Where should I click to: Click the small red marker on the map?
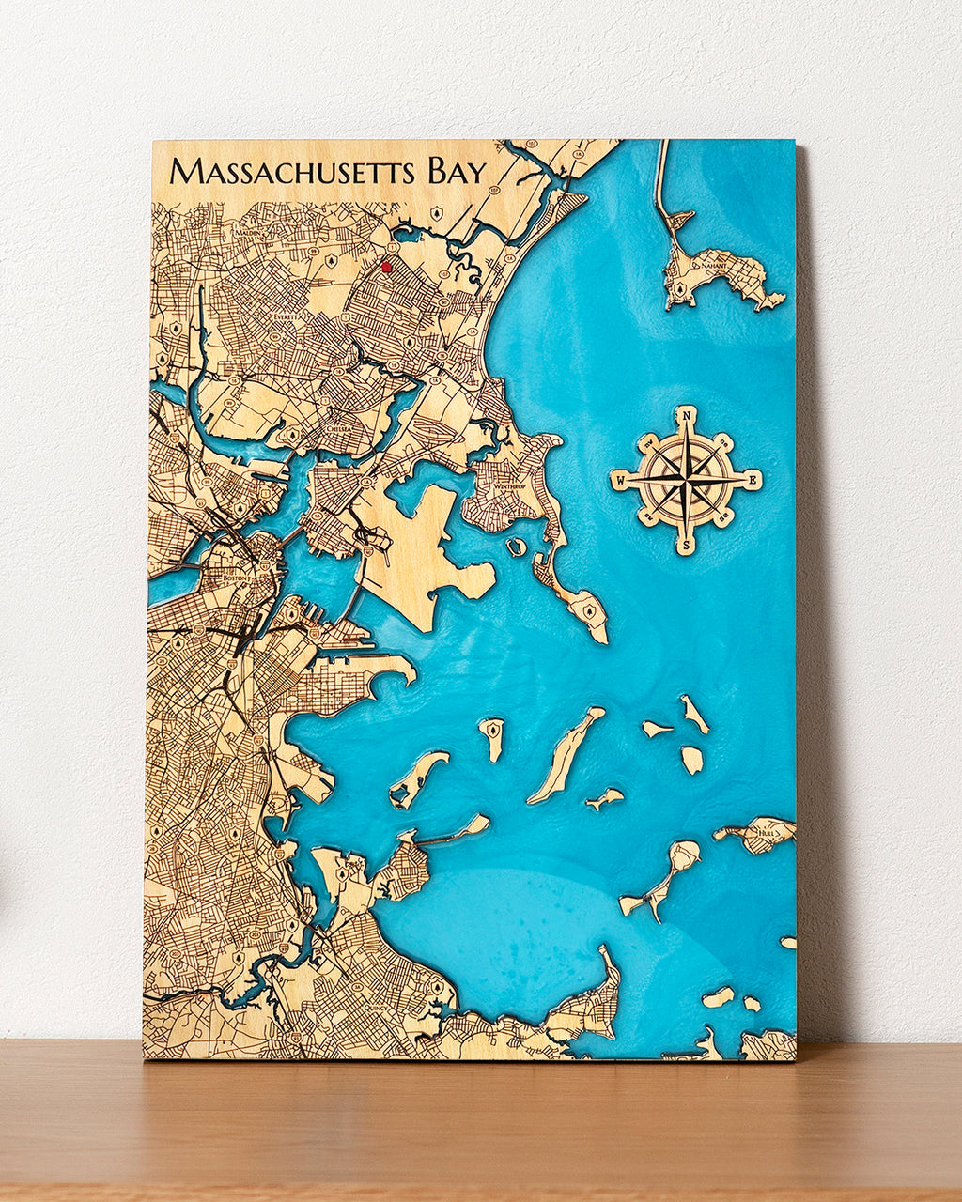[385, 267]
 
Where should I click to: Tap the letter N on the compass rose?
[688, 414]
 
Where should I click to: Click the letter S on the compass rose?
[687, 545]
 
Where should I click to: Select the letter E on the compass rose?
[753, 479]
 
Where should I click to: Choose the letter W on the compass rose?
[621, 481]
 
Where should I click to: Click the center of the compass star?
[687, 480]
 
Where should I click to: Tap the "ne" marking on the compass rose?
[724, 440]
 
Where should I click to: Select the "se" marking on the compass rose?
[724, 518]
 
